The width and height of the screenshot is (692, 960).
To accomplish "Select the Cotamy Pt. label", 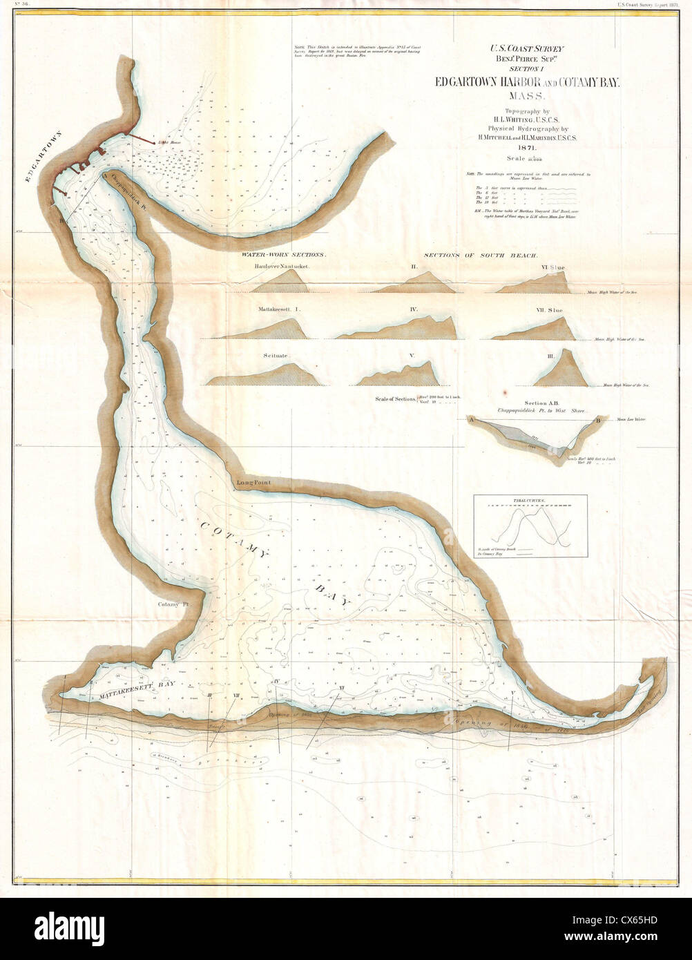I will [173, 604].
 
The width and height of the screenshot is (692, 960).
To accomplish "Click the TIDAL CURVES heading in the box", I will [530, 499].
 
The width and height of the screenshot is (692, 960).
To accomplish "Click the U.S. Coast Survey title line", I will [527, 49].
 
